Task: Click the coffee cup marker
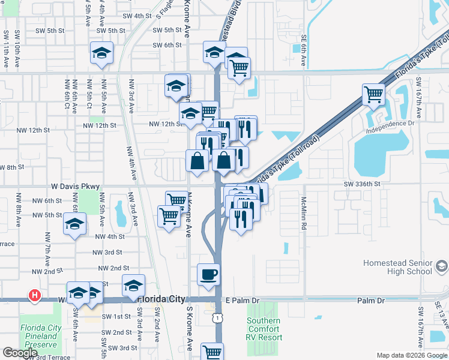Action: click(208, 275)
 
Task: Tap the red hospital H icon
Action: click(35, 295)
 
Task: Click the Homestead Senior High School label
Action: click(398, 267)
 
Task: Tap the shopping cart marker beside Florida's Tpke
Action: click(373, 94)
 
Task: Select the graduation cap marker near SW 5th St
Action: click(102, 53)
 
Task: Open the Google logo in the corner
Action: click(20, 353)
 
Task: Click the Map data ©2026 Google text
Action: click(411, 355)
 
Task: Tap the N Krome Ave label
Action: click(188, 213)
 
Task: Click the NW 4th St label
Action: click(109, 237)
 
